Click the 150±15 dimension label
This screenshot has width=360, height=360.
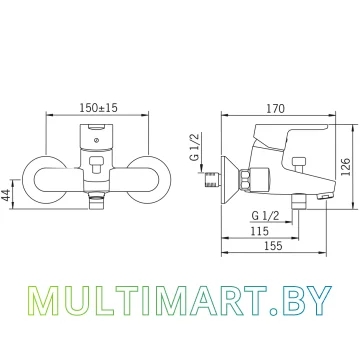point(99,108)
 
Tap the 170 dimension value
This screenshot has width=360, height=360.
point(276,109)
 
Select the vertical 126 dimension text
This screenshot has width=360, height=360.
point(347,167)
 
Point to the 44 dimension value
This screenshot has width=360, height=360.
point(6,194)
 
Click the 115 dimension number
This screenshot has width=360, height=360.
point(259,231)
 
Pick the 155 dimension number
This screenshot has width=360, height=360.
point(273,246)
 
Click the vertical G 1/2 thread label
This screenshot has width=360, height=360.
point(195,147)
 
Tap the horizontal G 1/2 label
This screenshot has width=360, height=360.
point(265,216)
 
